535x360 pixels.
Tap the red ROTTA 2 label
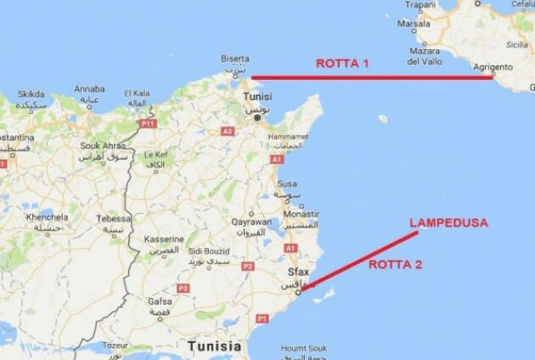click(x=394, y=265)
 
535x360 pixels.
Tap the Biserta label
click(x=235, y=59)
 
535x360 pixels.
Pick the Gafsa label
click(x=159, y=302)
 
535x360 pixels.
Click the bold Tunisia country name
click(x=215, y=346)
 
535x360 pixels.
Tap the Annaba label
click(x=89, y=88)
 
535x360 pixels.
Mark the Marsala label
click(x=414, y=24)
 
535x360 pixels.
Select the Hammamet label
click(x=289, y=136)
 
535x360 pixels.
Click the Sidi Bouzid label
click(x=208, y=251)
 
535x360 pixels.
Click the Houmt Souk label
click(x=304, y=348)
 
